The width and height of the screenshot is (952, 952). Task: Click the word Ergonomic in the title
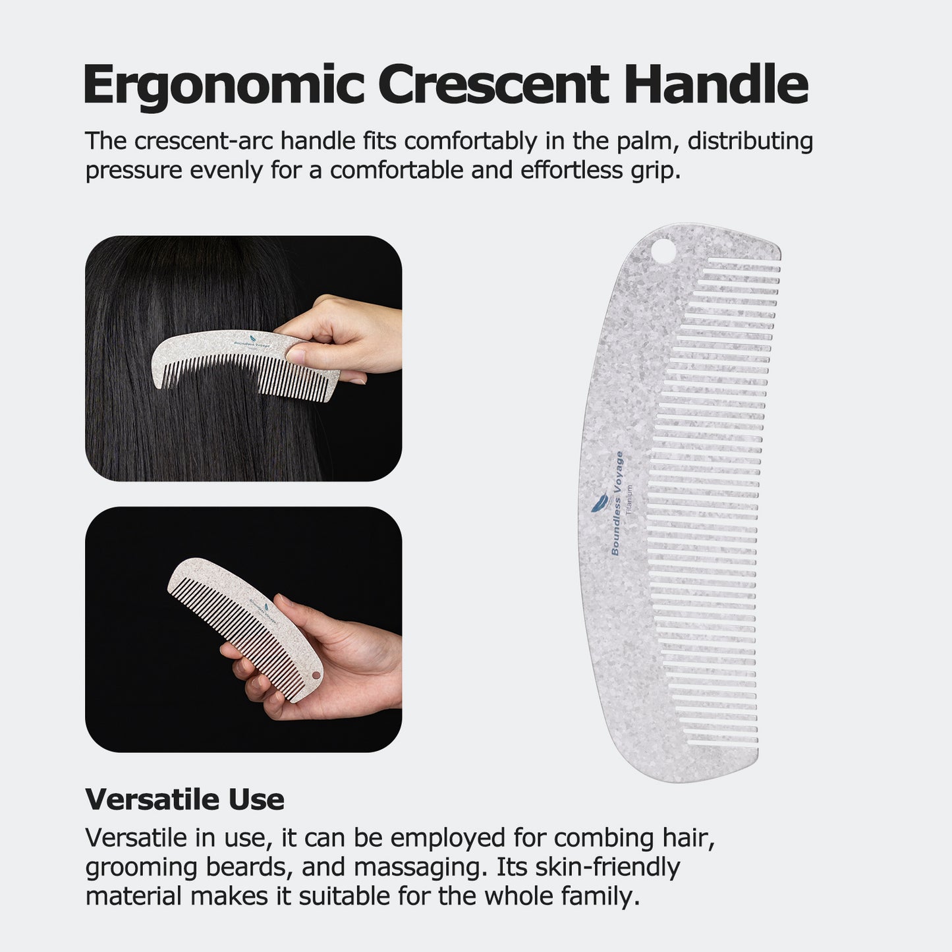coord(223,86)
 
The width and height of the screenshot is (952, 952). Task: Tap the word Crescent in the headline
coord(493,86)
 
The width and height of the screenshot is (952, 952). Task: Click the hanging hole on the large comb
coord(663,252)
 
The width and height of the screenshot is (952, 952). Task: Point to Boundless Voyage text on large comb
coord(617,503)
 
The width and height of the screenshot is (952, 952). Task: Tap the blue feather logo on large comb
coord(598,504)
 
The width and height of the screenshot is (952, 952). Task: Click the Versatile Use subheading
coord(184,799)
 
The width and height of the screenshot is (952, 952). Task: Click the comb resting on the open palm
coord(244,626)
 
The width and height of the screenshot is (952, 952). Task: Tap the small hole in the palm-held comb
coord(315,676)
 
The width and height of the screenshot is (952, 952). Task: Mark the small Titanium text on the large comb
coord(630,499)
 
